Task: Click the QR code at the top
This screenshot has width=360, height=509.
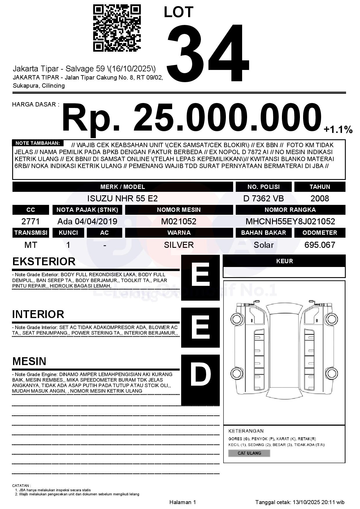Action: pyautogui.click(x=117, y=28)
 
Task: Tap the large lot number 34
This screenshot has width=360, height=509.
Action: pyautogui.click(x=208, y=53)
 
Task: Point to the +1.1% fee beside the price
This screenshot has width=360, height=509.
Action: pyautogui.click(x=338, y=129)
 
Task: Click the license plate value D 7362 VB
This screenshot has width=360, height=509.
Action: pyautogui.click(x=263, y=198)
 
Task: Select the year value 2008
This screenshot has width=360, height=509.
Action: pyautogui.click(x=320, y=198)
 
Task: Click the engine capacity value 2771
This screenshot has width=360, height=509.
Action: pyautogui.click(x=30, y=221)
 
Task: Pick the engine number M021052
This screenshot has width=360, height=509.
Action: pyautogui.click(x=179, y=221)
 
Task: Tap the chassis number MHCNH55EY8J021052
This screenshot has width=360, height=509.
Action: pyautogui.click(x=290, y=221)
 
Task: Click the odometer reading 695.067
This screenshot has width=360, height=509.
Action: pyautogui.click(x=320, y=245)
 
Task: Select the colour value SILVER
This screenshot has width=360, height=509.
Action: pyautogui.click(x=179, y=245)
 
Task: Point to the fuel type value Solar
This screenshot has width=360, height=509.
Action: pyautogui.click(x=263, y=245)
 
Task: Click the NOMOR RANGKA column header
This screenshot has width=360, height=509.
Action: pyautogui.click(x=290, y=210)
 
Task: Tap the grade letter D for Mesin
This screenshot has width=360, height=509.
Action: pyautogui.click(x=200, y=375)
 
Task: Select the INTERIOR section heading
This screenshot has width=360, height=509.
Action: pyautogui.click(x=38, y=314)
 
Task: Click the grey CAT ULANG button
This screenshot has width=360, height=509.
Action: pyautogui.click(x=249, y=453)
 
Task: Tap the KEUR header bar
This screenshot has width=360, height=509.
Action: pyautogui.click(x=284, y=261)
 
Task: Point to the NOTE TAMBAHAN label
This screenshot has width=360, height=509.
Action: pyautogui.click(x=37, y=143)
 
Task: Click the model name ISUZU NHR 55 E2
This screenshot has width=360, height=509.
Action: pyautogui.click(x=122, y=198)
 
